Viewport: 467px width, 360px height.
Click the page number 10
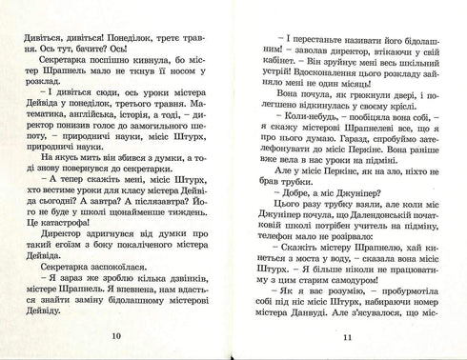coord(115,335)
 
